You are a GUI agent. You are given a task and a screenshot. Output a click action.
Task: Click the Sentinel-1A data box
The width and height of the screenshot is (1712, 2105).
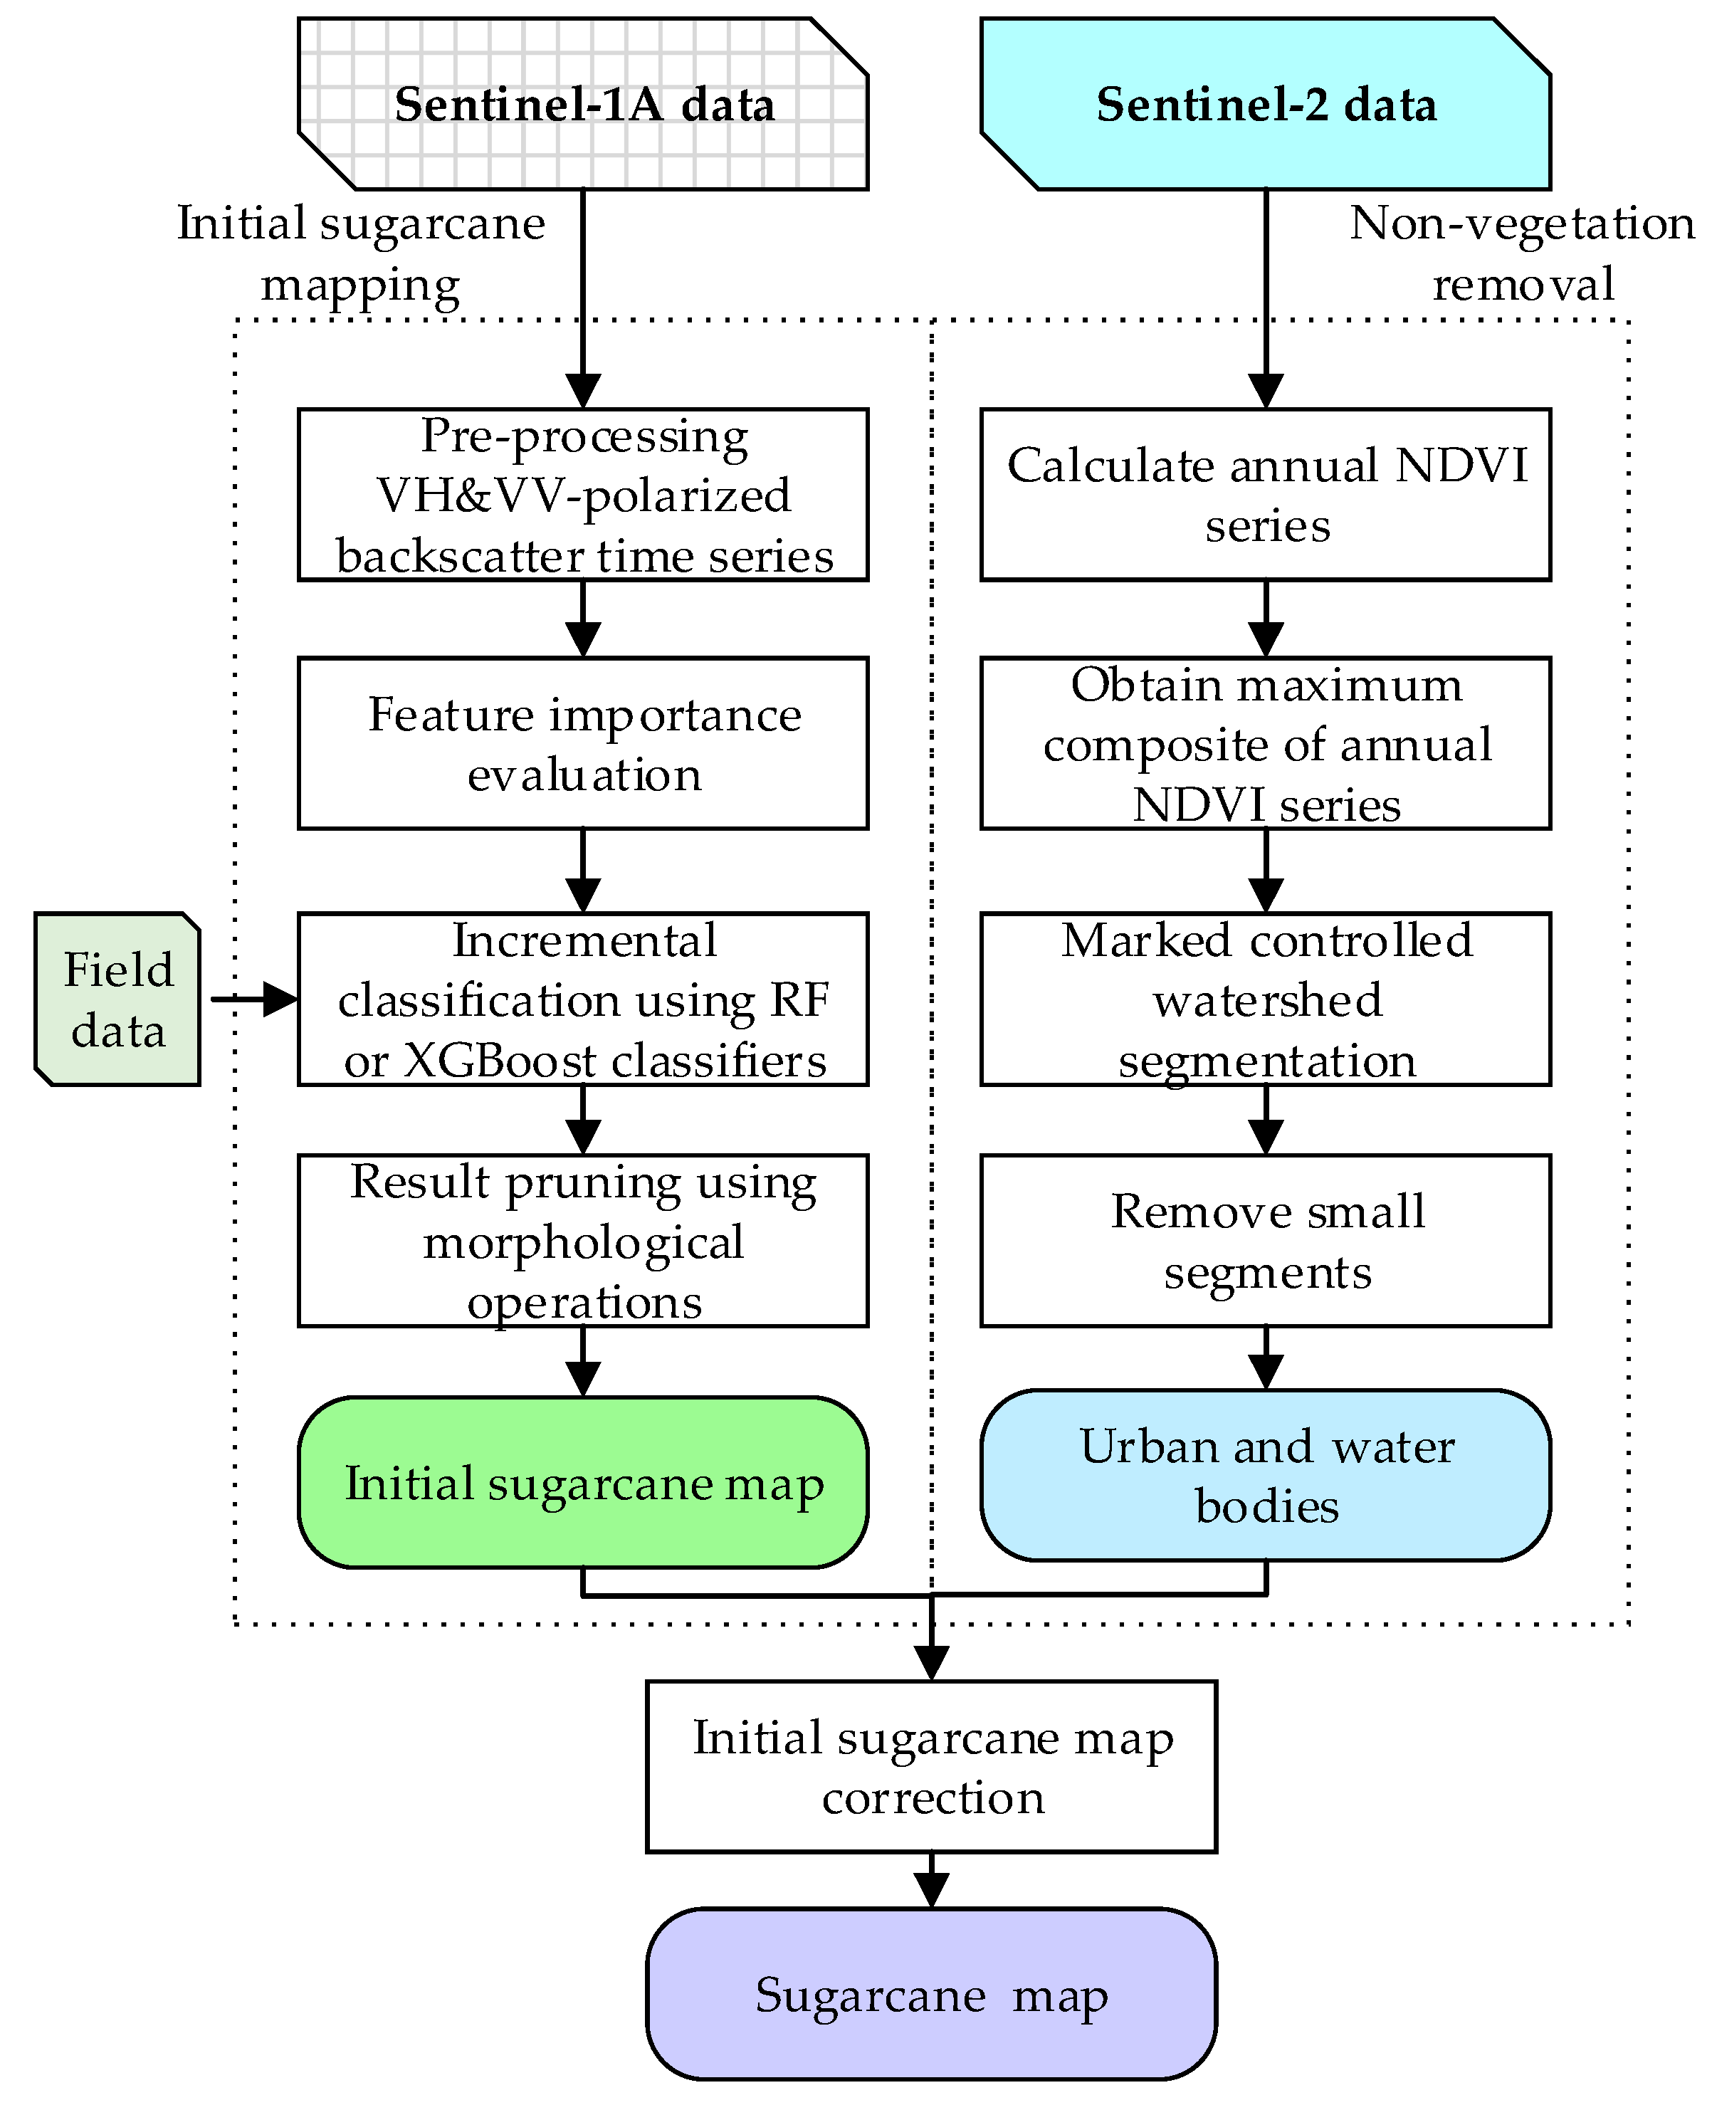click(x=583, y=103)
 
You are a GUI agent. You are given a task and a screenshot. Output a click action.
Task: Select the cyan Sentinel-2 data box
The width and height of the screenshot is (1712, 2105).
click(x=1265, y=103)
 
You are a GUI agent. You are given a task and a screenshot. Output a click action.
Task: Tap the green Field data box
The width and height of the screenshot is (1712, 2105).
click(x=118, y=999)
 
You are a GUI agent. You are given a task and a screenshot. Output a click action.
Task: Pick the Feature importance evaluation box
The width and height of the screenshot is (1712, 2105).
click(x=583, y=743)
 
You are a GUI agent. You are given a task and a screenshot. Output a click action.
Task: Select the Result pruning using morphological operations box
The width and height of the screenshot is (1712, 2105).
click(x=583, y=1240)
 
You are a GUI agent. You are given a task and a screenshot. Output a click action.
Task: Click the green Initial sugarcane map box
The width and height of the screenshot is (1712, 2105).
click(x=583, y=1482)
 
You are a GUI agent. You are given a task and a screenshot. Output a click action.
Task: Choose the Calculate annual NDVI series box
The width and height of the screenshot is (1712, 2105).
click(x=1265, y=494)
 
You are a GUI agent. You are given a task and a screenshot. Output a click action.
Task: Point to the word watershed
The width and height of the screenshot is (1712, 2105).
click(x=1267, y=999)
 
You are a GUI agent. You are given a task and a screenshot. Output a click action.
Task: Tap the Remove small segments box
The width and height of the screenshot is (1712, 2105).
click(x=1265, y=1240)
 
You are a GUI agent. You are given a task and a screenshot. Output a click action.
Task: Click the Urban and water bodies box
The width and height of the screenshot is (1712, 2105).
click(x=1265, y=1475)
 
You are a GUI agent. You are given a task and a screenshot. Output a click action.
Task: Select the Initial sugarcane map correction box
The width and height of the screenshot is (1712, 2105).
click(x=931, y=1767)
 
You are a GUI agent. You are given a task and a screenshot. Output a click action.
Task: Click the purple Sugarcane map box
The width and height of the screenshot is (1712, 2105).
click(x=931, y=1995)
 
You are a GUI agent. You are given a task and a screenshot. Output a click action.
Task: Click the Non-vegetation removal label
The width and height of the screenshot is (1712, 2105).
click(x=1522, y=253)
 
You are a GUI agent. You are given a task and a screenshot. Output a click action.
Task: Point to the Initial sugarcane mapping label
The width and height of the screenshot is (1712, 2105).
click(x=361, y=253)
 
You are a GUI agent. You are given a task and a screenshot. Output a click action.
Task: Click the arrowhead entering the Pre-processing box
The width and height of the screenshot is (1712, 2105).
click(x=583, y=390)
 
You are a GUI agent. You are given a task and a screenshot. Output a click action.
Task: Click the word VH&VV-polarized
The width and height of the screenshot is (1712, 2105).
click(x=583, y=495)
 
